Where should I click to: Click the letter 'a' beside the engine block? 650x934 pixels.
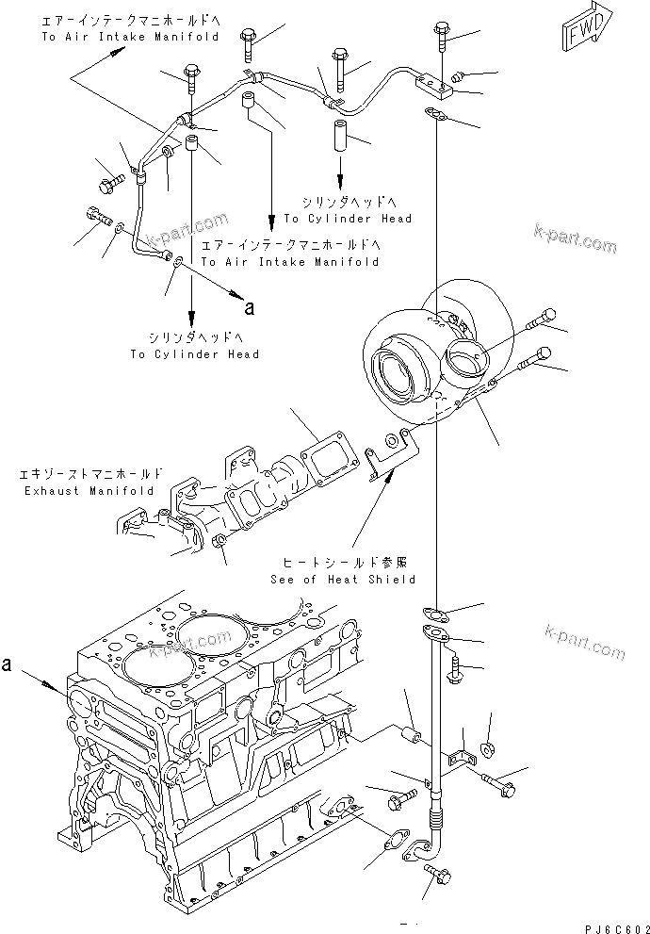(8, 664)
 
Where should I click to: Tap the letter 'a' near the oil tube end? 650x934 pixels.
(249, 306)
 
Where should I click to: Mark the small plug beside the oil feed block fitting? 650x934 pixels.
(457, 74)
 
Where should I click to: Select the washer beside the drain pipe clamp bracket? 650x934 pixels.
(490, 750)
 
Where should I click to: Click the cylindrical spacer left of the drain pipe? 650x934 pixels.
(410, 732)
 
